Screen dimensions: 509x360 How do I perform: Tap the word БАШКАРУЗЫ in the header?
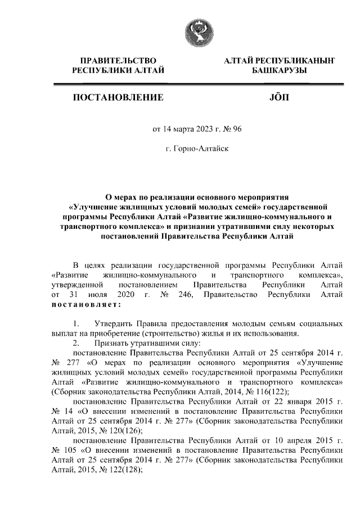[279, 70]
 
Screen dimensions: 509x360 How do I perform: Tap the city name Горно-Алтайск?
[200, 149]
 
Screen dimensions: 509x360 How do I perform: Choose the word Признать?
[116, 343]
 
